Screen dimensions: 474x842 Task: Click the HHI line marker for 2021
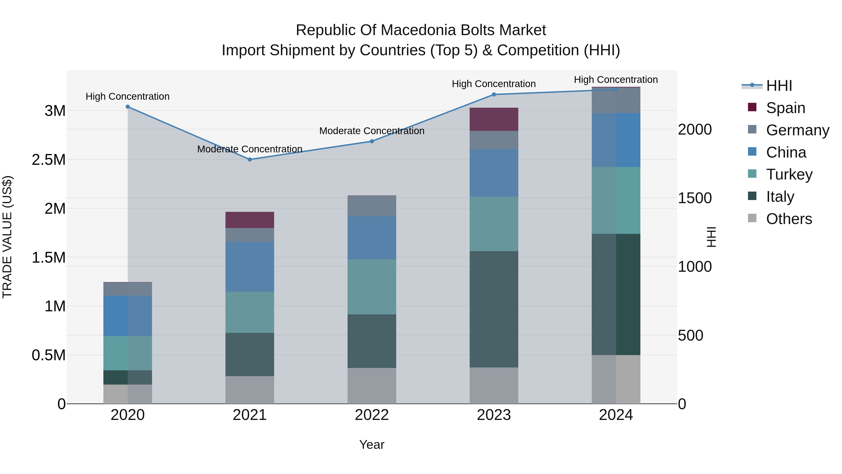250,160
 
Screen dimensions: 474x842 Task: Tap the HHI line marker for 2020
128,107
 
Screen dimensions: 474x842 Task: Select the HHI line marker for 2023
494,95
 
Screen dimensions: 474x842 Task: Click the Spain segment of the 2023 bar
494,119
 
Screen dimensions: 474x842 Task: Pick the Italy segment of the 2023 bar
494,309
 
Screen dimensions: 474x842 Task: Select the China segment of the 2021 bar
250,267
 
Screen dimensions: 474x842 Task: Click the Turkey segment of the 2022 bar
372,287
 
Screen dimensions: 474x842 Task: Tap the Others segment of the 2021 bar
250,390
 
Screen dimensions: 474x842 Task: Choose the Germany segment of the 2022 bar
372,206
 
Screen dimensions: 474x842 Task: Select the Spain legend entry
785,108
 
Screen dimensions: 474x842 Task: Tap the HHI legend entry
779,86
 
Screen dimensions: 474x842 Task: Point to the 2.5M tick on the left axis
49,160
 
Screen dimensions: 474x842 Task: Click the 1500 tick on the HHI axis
695,198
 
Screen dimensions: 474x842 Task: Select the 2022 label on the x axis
372,415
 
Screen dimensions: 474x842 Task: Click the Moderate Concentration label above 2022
372,131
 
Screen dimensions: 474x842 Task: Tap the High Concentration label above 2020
128,96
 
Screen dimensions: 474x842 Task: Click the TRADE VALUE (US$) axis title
7,237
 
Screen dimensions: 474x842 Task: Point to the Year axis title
372,445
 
